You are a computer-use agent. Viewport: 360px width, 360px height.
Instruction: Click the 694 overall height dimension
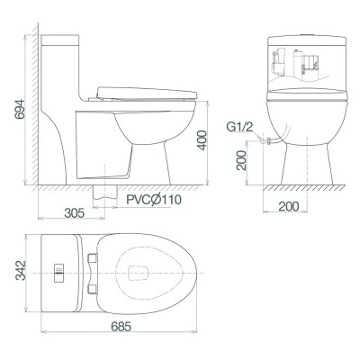coord(13,111)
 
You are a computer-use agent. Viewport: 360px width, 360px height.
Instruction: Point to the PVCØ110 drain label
coord(150,199)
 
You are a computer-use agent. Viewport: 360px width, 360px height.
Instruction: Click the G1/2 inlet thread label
coord(235,129)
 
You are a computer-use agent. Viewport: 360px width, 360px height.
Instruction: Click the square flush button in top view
coord(59,272)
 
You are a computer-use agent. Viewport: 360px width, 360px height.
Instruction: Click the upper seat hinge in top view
coord(93,258)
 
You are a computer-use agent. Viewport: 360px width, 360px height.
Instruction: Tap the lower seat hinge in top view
coord(93,286)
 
